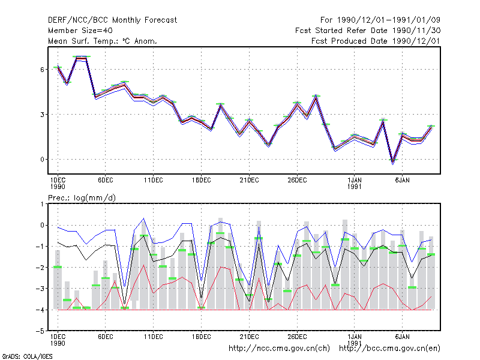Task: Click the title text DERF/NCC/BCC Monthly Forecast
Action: [112, 20]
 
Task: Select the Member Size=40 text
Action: [80, 31]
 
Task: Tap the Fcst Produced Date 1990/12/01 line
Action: [376, 41]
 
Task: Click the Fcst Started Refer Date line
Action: [368, 31]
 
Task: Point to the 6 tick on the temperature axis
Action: [42, 70]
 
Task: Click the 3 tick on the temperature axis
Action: [42, 115]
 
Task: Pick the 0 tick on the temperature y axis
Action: [42, 160]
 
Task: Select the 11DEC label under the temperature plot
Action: [154, 181]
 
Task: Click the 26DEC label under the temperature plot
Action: [297, 181]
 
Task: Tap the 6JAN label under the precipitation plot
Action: [402, 337]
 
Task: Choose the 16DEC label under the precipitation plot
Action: [202, 337]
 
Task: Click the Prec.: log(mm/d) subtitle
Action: [82, 198]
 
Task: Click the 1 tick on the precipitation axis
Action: [42, 204]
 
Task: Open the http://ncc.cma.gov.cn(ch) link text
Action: [279, 349]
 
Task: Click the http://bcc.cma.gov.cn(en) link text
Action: [389, 349]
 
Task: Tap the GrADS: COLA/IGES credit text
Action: [27, 356]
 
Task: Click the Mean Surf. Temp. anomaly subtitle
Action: [103, 41]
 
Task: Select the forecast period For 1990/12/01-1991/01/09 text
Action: [380, 20]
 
